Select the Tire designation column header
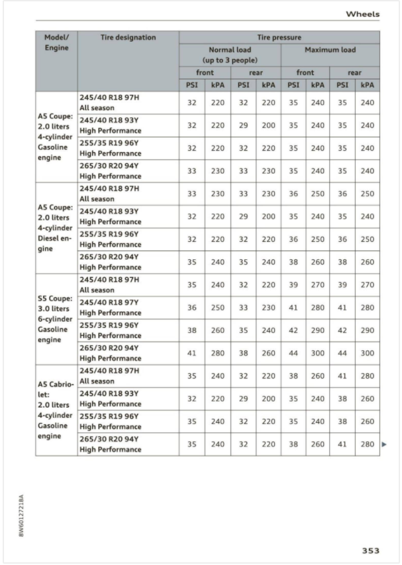128,37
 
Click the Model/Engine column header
56,42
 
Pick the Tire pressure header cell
279,38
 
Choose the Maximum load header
330,50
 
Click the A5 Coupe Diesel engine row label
56,227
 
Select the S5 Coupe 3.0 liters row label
56,318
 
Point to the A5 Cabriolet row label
56,410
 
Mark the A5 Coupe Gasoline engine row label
56,136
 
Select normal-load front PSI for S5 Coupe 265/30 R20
191,353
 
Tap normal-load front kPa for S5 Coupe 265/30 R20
217,353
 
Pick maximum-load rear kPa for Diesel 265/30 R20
367,262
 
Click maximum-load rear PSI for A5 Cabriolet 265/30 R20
343,444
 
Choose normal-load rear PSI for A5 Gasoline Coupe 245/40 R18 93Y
243,125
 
